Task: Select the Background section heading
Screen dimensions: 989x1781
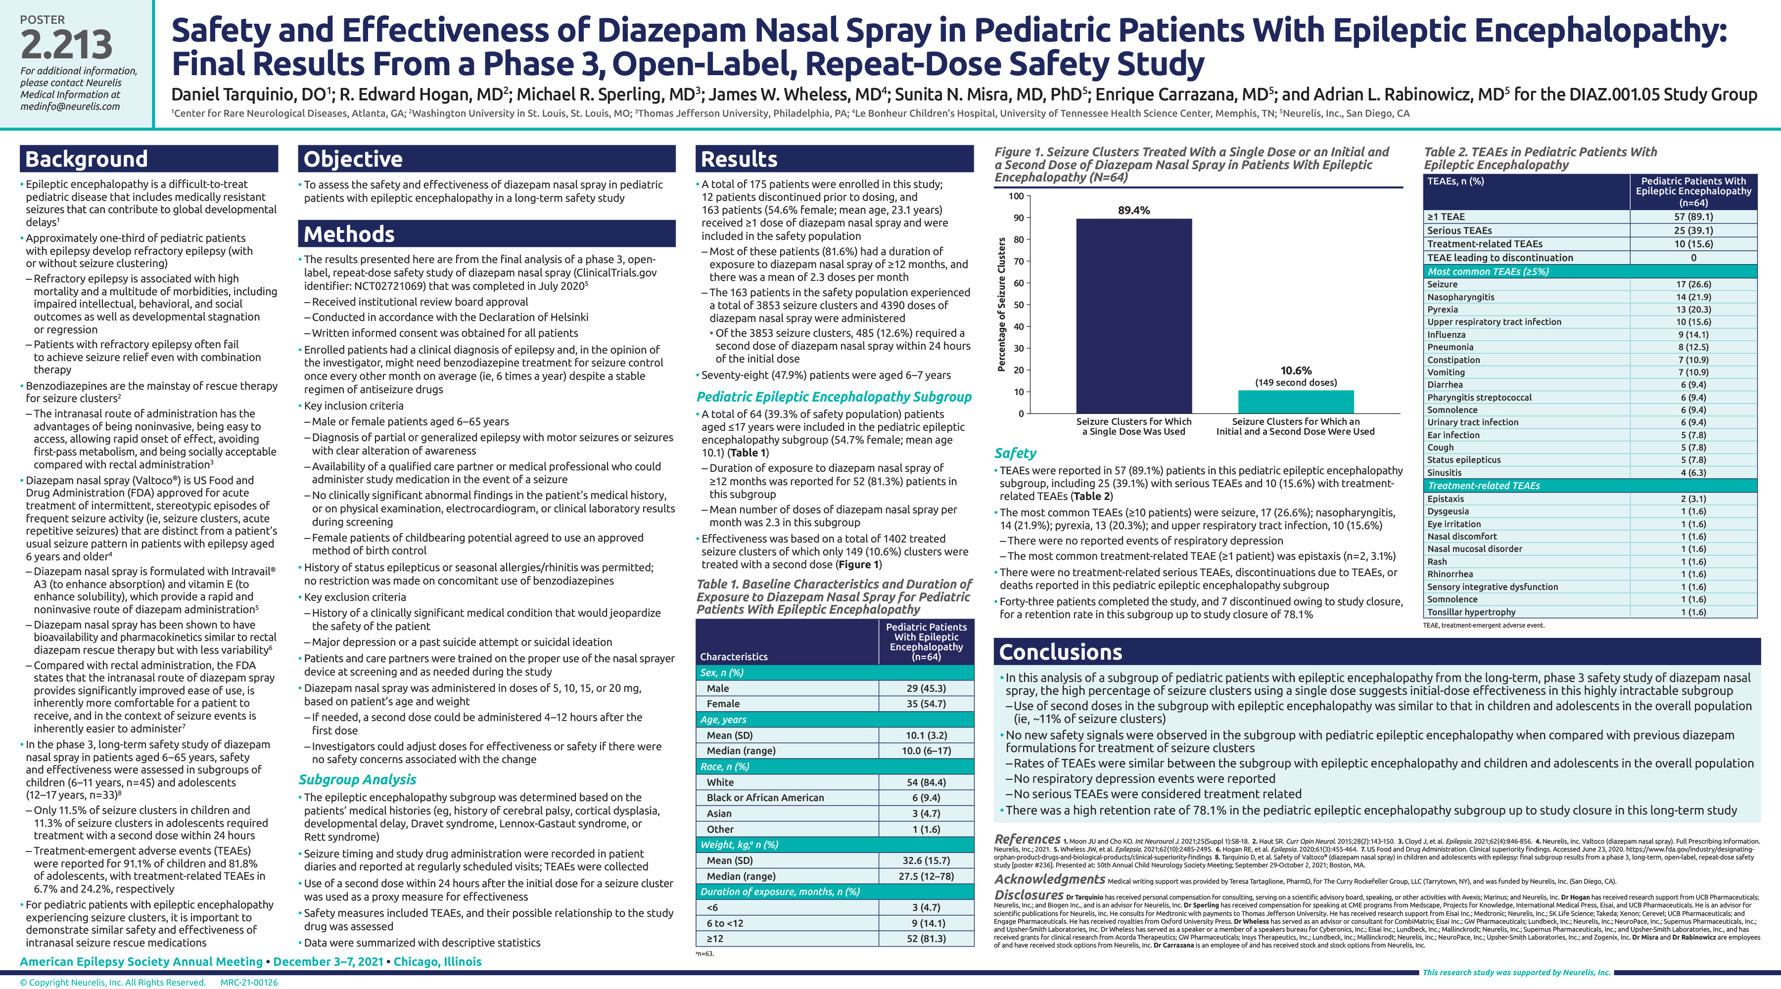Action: coord(87,159)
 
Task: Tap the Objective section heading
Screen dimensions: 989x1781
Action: coord(353,159)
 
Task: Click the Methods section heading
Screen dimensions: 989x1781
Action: coord(349,234)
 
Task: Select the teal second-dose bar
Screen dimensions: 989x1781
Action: coord(1296,402)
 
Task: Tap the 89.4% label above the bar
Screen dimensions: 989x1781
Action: coord(1134,210)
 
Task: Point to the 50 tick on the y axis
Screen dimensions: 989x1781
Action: coord(1019,305)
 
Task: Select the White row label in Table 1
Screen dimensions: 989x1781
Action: coord(720,782)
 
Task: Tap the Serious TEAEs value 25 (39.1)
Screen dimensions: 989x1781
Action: coord(1693,230)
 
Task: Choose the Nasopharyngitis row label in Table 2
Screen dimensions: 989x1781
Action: coord(1461,297)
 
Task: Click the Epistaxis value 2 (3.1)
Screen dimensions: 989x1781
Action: coord(1693,499)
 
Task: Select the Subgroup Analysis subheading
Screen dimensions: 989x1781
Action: coord(358,780)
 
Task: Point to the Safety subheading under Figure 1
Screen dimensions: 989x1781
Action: coord(1015,453)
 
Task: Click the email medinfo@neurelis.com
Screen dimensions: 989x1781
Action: coord(70,106)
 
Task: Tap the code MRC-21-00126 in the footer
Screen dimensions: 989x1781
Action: coord(249,982)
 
